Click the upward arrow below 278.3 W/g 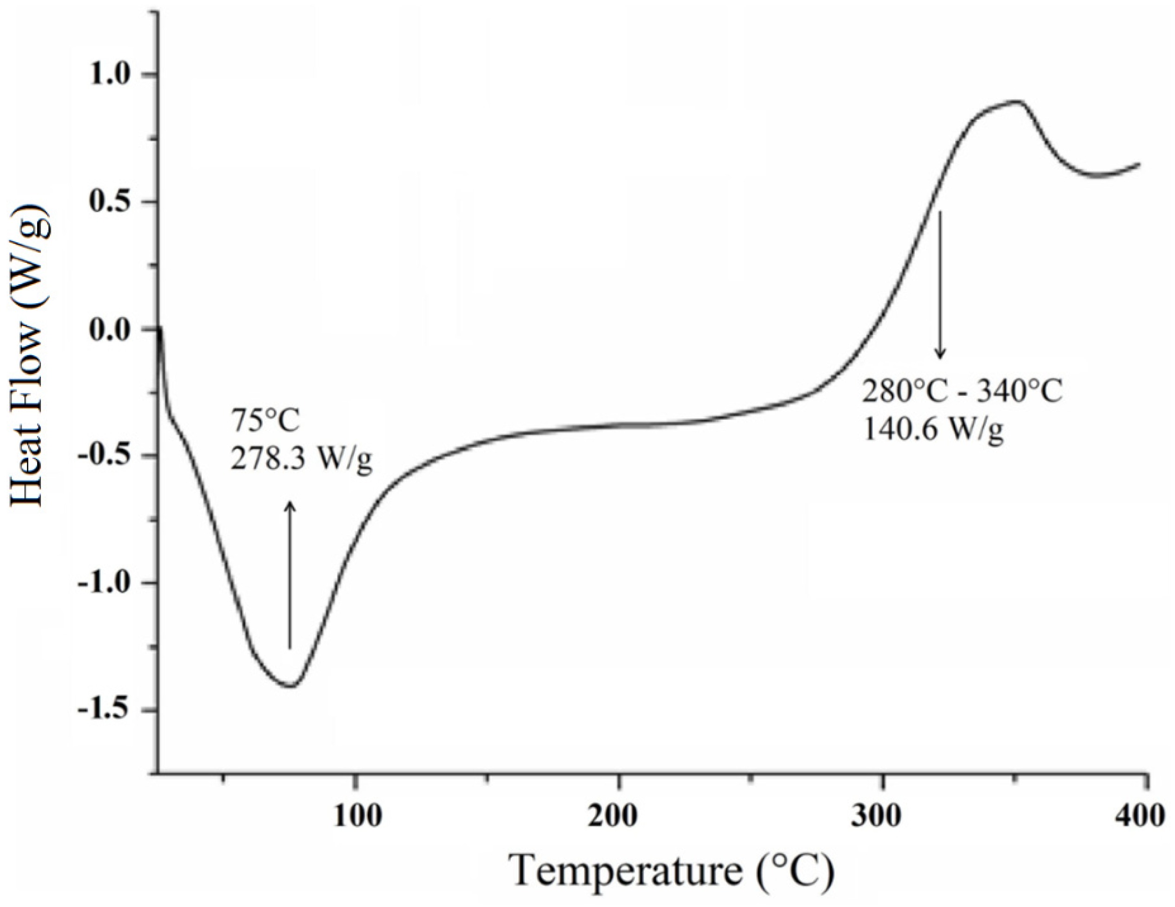click(x=290, y=575)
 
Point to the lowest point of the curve click(x=290, y=686)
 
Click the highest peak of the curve click(x=1015, y=101)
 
